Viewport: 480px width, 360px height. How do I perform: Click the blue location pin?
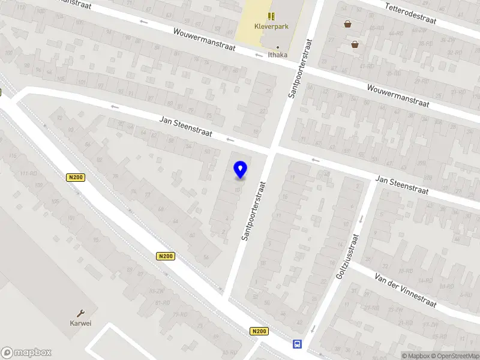click(240, 170)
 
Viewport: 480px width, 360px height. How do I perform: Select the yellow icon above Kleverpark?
click(271, 16)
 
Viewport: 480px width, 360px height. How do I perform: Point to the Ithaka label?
click(277, 55)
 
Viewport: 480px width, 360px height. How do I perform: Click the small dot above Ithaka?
click(277, 47)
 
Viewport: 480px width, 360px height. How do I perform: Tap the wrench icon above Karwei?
click(81, 313)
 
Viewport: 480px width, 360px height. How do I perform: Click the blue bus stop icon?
click(296, 344)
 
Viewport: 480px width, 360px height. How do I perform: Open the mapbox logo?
click(26, 353)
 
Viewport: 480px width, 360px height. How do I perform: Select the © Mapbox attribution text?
click(415, 356)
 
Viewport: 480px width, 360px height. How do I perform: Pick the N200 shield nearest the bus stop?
click(259, 331)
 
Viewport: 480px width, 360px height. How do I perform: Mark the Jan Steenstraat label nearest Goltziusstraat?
click(402, 184)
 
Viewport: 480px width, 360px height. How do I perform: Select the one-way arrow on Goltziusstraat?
click(313, 329)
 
